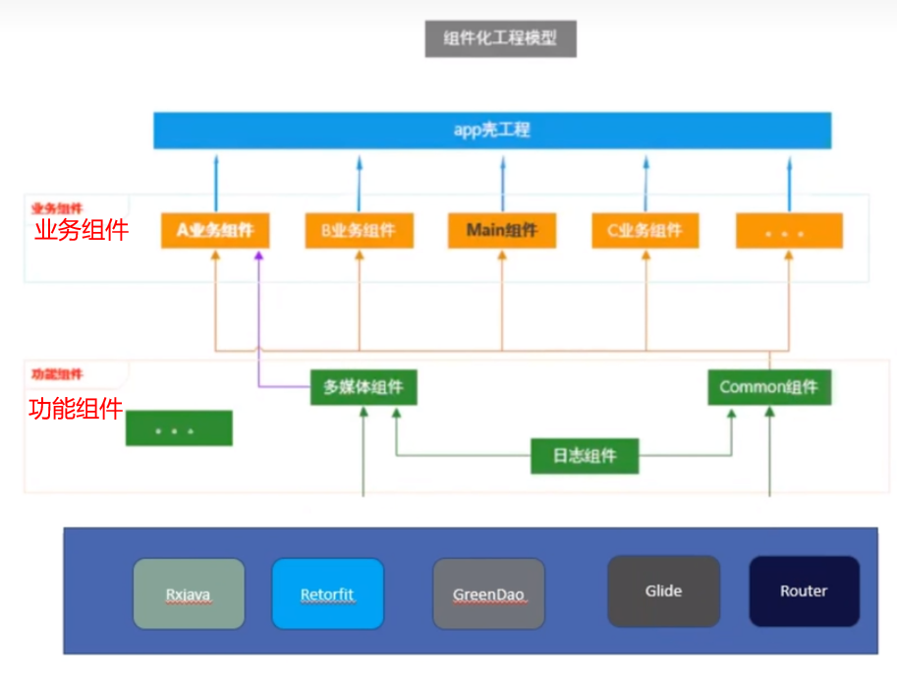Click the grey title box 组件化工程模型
[x=501, y=39]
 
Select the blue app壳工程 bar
[x=492, y=130]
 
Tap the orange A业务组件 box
[x=215, y=232]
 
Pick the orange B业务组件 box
[x=359, y=232]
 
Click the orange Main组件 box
[x=502, y=232]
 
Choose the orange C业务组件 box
[x=645, y=232]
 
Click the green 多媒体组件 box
[x=364, y=387]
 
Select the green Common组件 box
[x=769, y=387]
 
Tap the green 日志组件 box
[x=585, y=456]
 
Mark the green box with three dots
[x=179, y=429]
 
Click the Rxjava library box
[x=189, y=594]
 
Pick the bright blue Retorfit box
[x=327, y=594]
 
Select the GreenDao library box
[x=489, y=594]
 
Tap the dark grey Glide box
[x=663, y=592]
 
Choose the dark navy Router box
[x=804, y=592]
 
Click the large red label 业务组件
[x=81, y=231]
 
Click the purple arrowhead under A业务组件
[x=258, y=256]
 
